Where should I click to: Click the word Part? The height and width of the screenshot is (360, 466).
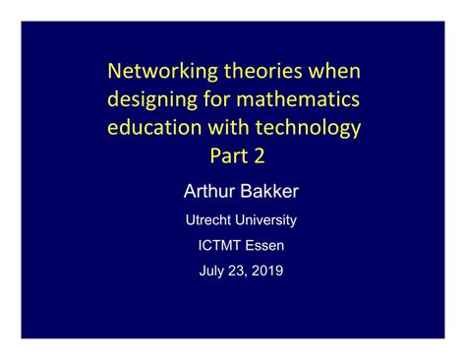[225, 156]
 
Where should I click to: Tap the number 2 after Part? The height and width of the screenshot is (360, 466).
[261, 156]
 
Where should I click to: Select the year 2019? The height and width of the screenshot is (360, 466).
[265, 270]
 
